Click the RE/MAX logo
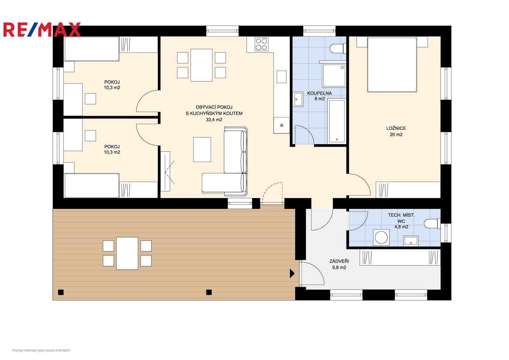point(42,30)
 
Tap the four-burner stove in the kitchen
point(261,44)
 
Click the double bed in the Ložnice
point(392,65)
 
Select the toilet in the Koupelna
point(338,48)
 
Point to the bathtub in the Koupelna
point(337,121)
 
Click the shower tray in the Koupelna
point(334,75)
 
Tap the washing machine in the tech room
point(381,237)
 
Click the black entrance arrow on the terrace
point(292,273)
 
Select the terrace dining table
point(127,253)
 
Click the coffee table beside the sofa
point(202,150)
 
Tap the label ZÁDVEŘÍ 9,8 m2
point(339,264)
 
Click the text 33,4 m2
point(214,120)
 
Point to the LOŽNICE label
point(396,128)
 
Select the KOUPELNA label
point(319,93)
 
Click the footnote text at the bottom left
point(41,350)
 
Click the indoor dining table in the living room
point(202,65)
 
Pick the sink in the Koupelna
point(298,99)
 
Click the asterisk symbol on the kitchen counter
point(282,125)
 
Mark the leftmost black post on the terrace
point(61,292)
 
